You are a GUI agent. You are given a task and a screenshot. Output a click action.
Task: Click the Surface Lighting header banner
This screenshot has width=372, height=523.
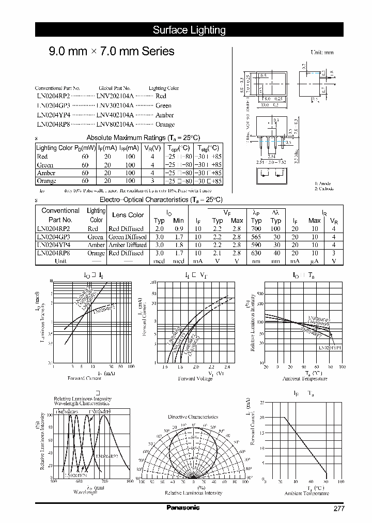(x=189, y=30)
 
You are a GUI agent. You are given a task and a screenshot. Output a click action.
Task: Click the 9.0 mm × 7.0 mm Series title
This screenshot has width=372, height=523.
(x=111, y=52)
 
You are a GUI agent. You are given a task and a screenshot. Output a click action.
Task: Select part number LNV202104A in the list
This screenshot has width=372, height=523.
(x=115, y=96)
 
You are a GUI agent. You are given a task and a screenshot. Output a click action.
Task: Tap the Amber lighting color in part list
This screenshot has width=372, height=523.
(x=164, y=115)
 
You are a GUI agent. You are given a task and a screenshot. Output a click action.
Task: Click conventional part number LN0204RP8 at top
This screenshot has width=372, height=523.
(x=52, y=125)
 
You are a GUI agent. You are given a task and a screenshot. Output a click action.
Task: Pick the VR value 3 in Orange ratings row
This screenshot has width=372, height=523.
(x=152, y=181)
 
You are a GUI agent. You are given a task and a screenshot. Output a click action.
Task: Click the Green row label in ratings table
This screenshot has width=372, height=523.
(x=45, y=165)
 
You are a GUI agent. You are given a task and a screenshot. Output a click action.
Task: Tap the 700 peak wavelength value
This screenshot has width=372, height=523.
(x=256, y=228)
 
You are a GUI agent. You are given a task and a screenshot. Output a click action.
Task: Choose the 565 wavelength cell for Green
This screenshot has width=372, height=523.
(x=256, y=237)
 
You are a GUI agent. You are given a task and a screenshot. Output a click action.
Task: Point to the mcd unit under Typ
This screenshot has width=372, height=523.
(x=159, y=261)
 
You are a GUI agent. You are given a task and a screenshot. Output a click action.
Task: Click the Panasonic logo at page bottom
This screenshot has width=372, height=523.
(x=182, y=507)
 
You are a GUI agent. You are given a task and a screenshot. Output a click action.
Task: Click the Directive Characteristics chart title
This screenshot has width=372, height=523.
(x=193, y=417)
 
